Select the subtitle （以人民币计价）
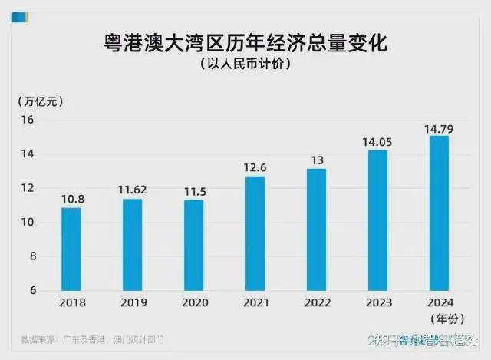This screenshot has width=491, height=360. (245, 64)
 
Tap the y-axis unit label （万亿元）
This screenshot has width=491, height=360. (39, 101)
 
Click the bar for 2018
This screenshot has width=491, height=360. (71, 249)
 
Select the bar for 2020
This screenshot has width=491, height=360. (194, 245)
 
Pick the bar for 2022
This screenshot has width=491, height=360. (316, 230)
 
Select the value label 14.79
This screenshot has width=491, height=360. (439, 126)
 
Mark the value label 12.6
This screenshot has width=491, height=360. (255, 167)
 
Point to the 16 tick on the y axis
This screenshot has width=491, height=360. (28, 120)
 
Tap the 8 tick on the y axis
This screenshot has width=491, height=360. (31, 256)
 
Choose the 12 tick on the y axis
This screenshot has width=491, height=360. (28, 188)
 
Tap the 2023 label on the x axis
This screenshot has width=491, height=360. (377, 302)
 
